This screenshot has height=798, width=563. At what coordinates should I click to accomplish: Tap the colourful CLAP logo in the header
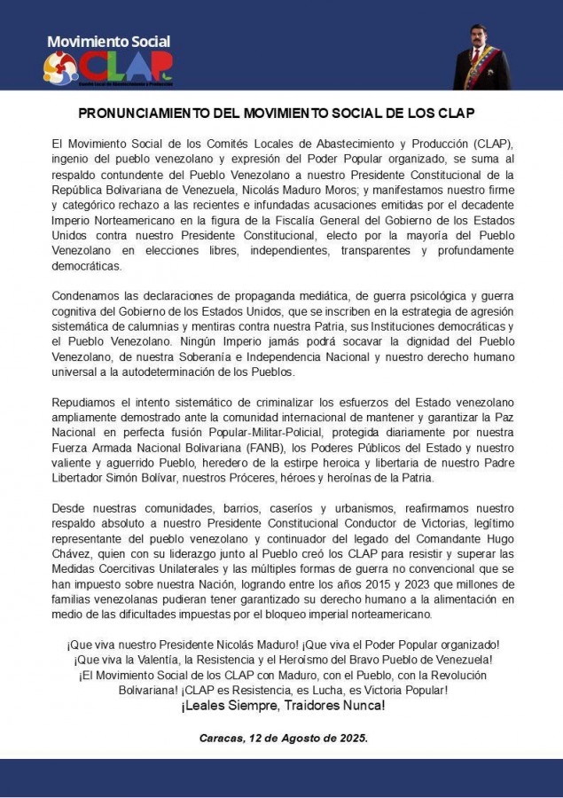(x=108, y=67)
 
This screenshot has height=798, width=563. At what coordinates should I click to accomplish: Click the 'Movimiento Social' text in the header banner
(x=108, y=42)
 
